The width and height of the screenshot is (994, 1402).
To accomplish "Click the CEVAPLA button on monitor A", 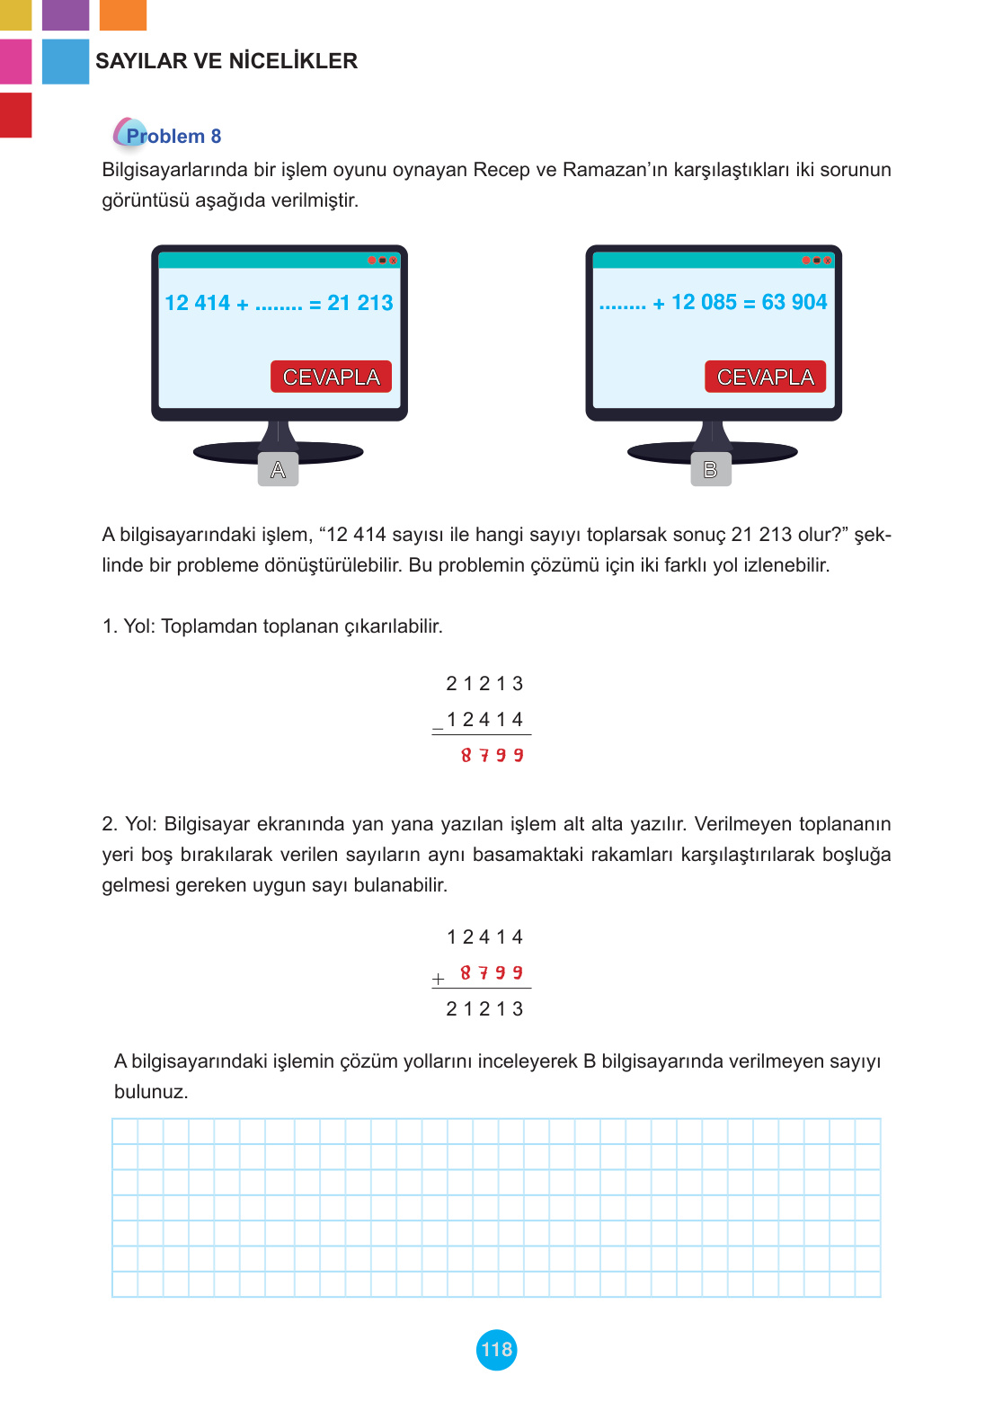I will (331, 377).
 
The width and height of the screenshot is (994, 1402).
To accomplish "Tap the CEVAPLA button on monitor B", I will (765, 377).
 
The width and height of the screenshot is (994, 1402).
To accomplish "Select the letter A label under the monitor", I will (278, 469).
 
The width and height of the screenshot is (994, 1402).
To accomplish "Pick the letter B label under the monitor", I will (710, 469).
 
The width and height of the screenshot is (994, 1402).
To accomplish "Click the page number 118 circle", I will (496, 1349).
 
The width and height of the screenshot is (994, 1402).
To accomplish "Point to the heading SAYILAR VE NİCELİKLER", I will (226, 61).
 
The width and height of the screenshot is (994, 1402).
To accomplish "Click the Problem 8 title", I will (173, 136).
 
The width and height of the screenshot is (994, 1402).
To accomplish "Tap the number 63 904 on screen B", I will (794, 303).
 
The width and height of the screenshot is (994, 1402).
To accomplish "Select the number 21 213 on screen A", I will (359, 304).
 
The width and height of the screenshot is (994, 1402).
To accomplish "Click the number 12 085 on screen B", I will (704, 303).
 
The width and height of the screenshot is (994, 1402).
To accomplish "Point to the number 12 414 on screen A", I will (198, 304).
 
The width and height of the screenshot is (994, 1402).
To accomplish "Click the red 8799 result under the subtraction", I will (492, 756).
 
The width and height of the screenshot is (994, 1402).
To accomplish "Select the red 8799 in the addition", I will (492, 973).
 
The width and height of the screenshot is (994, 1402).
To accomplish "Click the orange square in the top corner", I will (122, 14).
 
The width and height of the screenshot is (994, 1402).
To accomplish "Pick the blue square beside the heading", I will (66, 61).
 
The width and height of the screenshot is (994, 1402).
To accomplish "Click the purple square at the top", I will (66, 14).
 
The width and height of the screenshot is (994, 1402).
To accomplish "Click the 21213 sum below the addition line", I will (484, 1009).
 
